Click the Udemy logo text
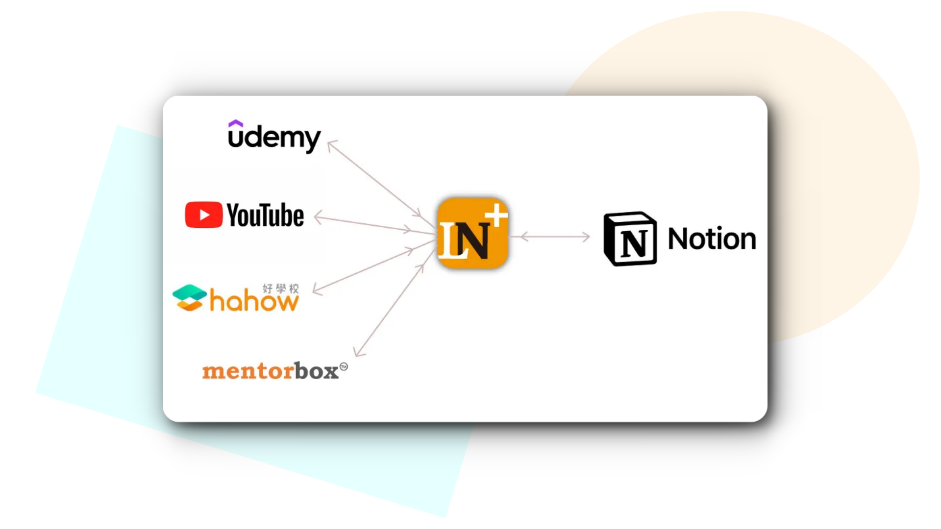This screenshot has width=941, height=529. click(x=274, y=138)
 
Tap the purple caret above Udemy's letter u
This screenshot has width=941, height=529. click(x=236, y=123)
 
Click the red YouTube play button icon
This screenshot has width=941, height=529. click(x=203, y=215)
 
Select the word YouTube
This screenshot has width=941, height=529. click(x=265, y=216)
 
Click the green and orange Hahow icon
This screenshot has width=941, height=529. click(x=189, y=297)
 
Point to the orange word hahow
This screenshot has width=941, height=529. click(x=253, y=301)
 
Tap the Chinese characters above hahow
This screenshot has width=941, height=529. click(x=280, y=289)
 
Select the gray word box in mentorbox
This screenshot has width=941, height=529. click(x=317, y=371)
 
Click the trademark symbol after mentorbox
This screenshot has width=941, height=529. click(x=344, y=366)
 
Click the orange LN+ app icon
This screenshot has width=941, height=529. click(x=472, y=234)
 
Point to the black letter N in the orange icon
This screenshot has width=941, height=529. click(x=474, y=240)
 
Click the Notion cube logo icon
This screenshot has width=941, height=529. click(x=630, y=239)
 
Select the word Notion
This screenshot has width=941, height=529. click(x=712, y=239)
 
